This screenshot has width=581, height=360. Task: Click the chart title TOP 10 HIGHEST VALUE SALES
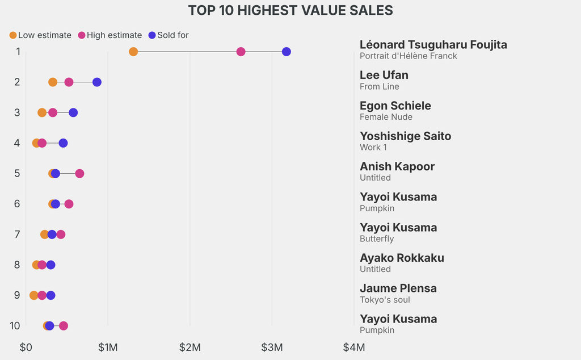tap(290, 11)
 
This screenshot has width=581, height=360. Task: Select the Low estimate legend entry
tap(40, 35)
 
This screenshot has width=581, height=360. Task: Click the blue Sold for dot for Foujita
tap(286, 52)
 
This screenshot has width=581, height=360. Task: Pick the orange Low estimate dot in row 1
tap(133, 52)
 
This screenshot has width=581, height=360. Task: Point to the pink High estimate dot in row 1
tap(241, 52)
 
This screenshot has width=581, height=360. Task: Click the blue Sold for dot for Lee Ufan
tap(97, 82)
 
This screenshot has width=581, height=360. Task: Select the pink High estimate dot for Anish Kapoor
tap(79, 173)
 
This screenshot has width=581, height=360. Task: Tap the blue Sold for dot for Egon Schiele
tap(73, 112)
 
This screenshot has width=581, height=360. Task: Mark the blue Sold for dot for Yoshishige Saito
tap(63, 143)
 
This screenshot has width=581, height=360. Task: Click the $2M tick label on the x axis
tap(190, 347)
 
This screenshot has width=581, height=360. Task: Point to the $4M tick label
tap(353, 347)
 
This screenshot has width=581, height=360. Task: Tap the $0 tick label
tap(26, 347)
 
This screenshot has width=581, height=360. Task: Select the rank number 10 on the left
tap(15, 326)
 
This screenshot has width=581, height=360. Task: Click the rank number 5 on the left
tap(18, 173)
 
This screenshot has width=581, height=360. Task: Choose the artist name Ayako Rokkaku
tap(402, 258)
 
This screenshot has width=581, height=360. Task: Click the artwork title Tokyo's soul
tap(385, 300)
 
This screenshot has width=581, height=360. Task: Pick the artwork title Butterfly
tap(377, 238)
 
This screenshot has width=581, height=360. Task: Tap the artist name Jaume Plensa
tap(398, 288)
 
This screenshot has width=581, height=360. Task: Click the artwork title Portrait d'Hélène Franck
tap(408, 56)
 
